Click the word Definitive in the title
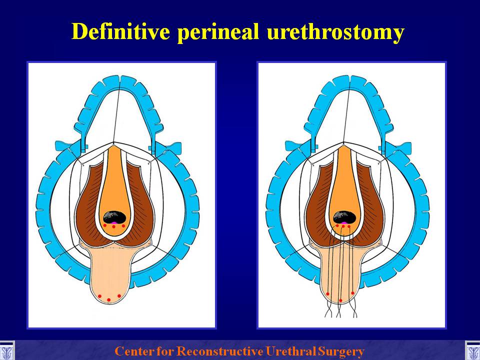tap(120, 31)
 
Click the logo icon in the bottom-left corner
tap(6, 350)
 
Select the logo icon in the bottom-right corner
tap(472, 350)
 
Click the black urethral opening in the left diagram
tap(114, 217)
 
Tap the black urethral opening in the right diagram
tap(344, 217)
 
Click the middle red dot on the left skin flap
tap(108, 299)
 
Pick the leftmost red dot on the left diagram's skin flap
tap(99, 296)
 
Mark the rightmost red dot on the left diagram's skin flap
tap(119, 295)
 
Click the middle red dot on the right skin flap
tap(340, 300)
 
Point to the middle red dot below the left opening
tap(113, 227)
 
